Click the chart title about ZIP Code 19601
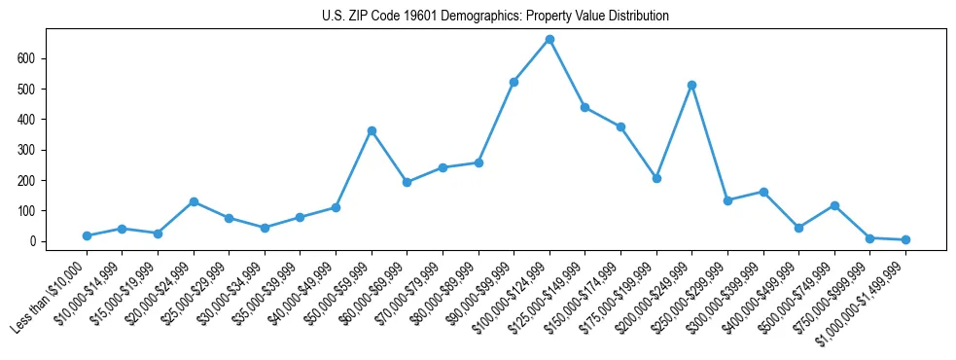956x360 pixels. pos(495,17)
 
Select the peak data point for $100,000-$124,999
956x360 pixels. pos(549,39)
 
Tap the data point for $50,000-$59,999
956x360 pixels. pos(372,130)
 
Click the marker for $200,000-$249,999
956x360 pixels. pos(691,85)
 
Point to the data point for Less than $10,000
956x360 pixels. pos(87,235)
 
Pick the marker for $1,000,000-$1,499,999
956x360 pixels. pos(905,239)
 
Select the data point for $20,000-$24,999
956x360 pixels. pos(194,201)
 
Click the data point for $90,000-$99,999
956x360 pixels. pos(513,82)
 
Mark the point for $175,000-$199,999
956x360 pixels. pos(656,178)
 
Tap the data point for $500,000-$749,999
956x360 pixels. pos(834,205)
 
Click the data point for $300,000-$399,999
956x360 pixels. pos(763,192)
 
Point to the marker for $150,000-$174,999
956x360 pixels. pos(620,126)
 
